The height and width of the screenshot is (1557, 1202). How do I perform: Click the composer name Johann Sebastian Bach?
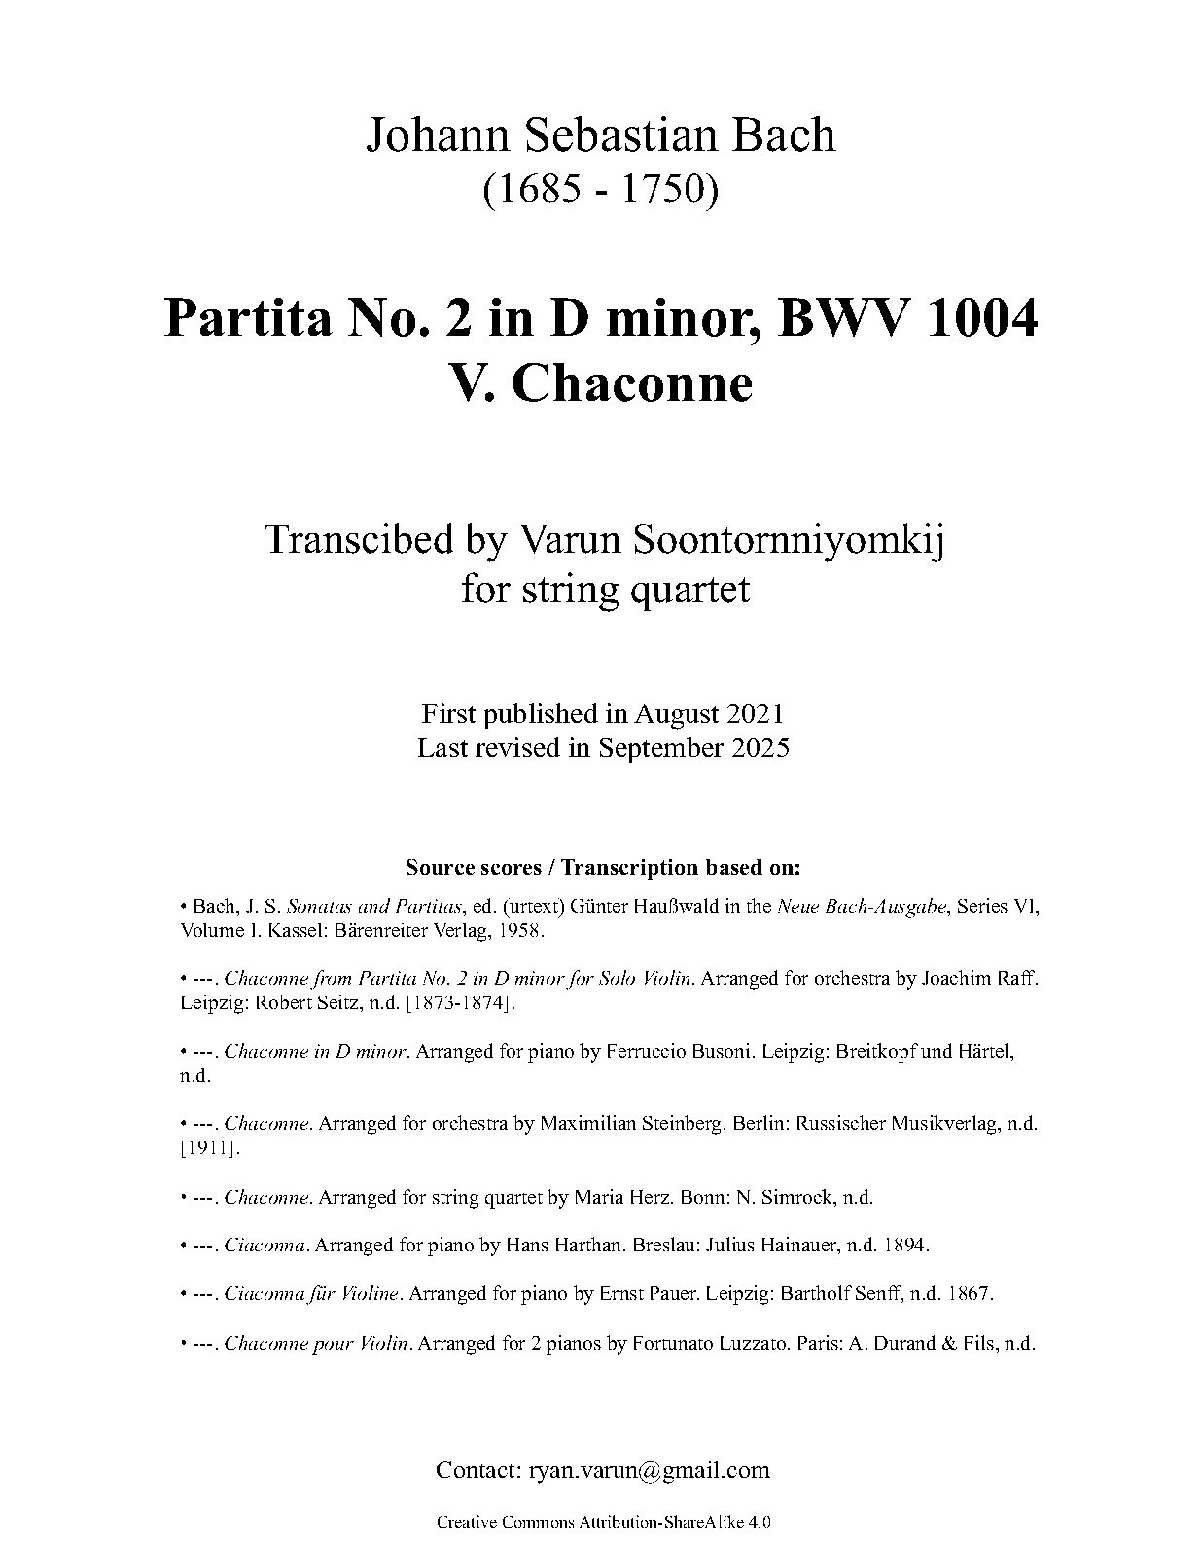tap(600, 135)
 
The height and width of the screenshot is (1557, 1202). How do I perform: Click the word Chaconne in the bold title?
tap(631, 383)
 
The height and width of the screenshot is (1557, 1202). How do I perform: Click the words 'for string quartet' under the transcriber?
tap(605, 589)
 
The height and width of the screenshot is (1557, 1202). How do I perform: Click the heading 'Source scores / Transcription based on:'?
tap(603, 867)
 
